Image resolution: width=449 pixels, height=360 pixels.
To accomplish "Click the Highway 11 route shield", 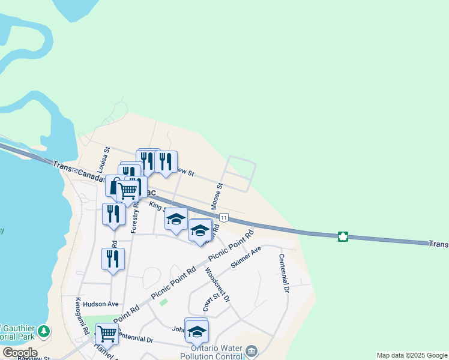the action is tap(223, 217).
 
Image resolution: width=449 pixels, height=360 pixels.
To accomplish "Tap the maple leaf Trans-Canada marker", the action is tap(343, 236).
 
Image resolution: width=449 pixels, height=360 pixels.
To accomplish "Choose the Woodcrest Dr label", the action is tap(218, 285).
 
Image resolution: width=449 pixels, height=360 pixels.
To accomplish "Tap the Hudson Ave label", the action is tap(101, 304).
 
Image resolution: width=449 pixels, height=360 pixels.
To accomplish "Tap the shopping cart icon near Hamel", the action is tap(107, 333).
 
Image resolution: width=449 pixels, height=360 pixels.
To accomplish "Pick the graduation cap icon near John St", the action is tap(197, 330).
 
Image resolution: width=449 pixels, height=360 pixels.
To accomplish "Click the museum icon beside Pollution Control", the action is tap(252, 350).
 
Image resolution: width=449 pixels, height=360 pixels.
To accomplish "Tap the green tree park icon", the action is tap(44, 331).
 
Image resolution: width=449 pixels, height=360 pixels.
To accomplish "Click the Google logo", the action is tap(19, 353).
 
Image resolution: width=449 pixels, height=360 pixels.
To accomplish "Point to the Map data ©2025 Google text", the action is tap(412, 355).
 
